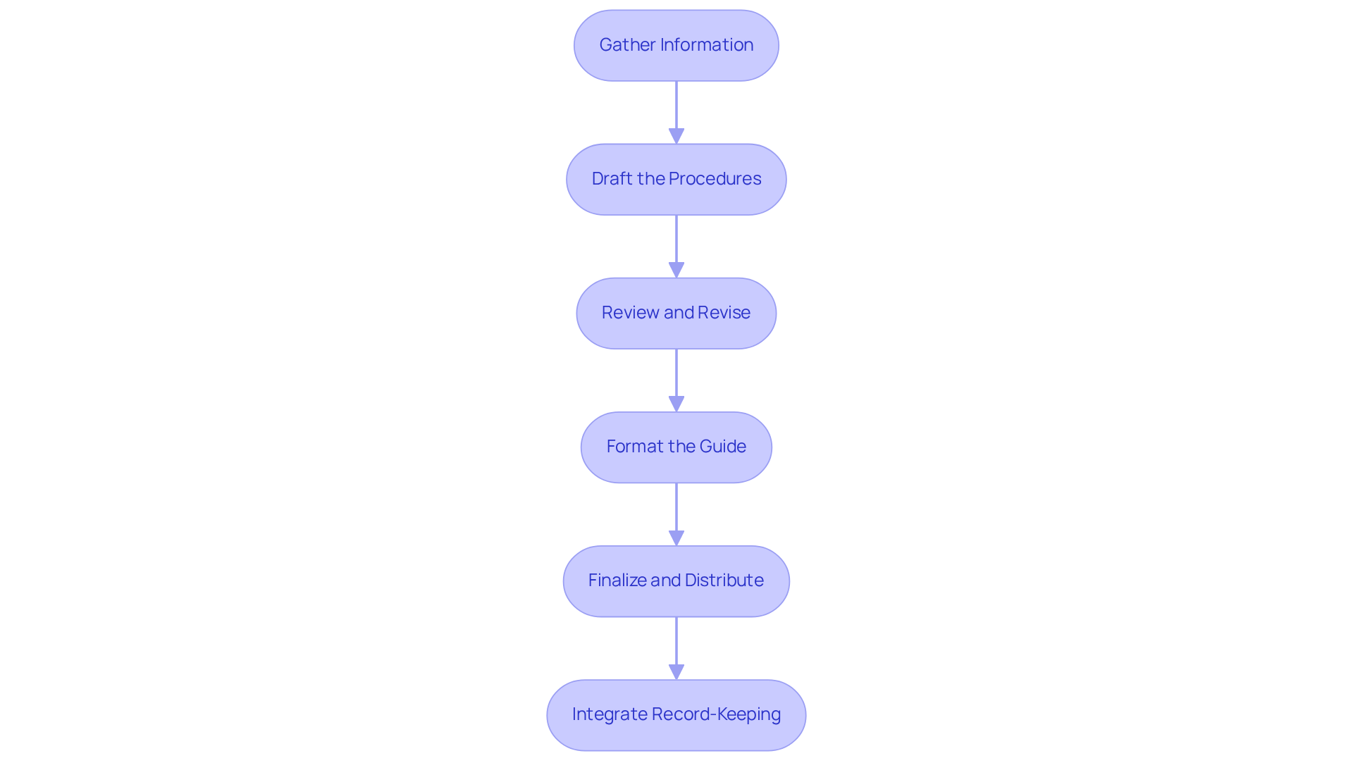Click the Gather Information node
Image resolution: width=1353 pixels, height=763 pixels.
click(x=676, y=45)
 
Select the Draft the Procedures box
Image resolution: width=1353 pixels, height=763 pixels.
click(x=676, y=179)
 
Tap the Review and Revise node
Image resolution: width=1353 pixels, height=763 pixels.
click(x=676, y=313)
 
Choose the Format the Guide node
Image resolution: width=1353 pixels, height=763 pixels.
click(x=676, y=447)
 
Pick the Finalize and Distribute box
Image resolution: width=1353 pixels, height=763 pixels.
click(x=676, y=581)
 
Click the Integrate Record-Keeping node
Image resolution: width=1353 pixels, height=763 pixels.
click(x=676, y=714)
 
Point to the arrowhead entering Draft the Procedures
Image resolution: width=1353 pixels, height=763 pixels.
click(x=676, y=136)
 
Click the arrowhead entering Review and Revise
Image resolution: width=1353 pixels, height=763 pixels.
click(x=676, y=270)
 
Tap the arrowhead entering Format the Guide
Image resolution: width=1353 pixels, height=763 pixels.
click(x=676, y=404)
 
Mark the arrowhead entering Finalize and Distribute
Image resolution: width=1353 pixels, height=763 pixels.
click(x=676, y=538)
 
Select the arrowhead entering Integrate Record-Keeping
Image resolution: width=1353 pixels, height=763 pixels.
click(x=676, y=671)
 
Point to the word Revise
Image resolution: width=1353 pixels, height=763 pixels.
click(x=724, y=313)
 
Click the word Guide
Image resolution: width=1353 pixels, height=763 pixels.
click(x=723, y=447)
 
